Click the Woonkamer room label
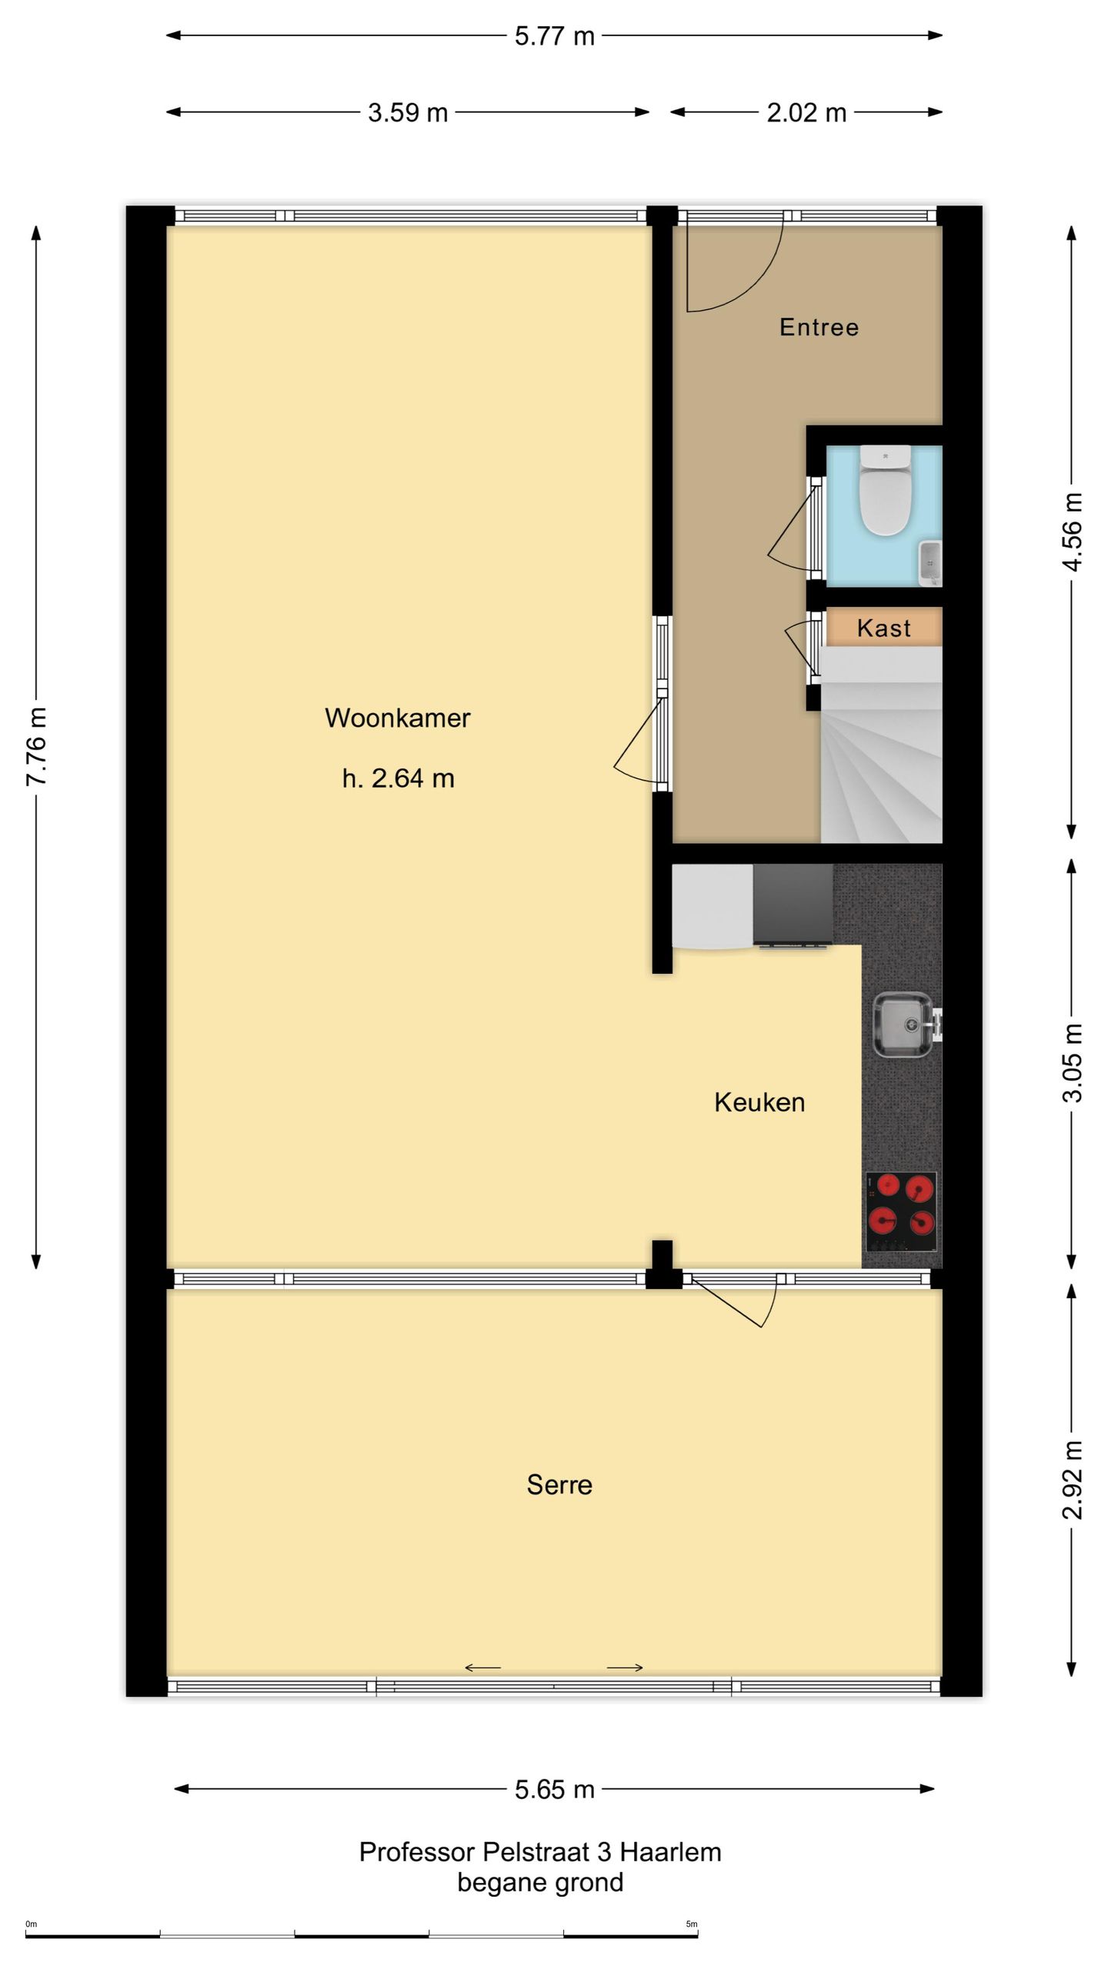(397, 718)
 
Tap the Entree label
(819, 327)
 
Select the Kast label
(883, 628)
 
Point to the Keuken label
(759, 1102)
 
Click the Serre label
(559, 1484)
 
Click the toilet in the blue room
(885, 490)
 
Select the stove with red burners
(901, 1211)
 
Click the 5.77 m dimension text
(554, 36)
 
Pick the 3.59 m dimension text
(407, 113)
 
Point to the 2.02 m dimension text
(806, 113)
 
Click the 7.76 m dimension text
(37, 746)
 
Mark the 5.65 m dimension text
(554, 1790)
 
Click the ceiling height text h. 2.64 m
(398, 778)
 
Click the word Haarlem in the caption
(670, 1852)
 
